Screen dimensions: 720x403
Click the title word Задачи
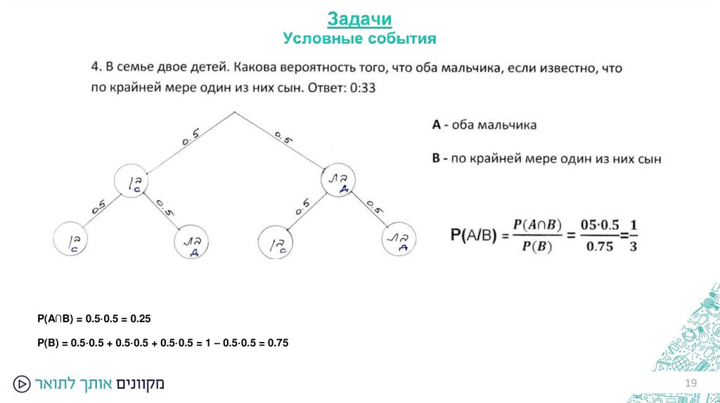coord(359,18)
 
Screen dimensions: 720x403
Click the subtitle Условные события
coord(359,38)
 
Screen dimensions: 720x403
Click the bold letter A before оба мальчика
coord(436,125)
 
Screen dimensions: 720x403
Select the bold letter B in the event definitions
coord(436,159)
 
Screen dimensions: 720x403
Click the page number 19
coord(690,383)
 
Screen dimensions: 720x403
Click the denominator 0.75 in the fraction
coord(600,246)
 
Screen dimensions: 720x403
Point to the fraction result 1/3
coord(633,235)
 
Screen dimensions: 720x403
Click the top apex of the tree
coord(234,112)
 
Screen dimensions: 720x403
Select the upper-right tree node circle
coord(340,182)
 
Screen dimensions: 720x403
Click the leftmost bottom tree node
coord(73,240)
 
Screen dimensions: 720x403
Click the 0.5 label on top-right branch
coord(283,136)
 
